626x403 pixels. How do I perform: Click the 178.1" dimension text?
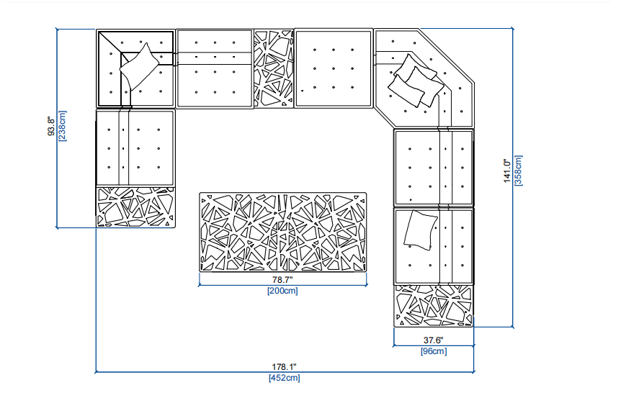point(284,366)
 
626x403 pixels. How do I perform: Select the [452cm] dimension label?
point(285,378)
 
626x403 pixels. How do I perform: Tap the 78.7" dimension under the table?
point(282,280)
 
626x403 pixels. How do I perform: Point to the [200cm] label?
point(282,291)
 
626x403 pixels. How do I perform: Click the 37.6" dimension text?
point(433,340)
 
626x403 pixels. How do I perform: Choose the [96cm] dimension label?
point(434,351)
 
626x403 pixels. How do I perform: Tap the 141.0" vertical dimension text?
point(507,171)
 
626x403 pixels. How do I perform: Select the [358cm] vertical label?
point(518,171)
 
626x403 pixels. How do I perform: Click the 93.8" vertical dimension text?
point(51,126)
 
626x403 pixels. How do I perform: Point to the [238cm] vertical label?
point(62,126)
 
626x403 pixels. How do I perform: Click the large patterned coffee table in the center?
point(282,232)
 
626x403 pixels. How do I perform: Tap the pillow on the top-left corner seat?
point(139,66)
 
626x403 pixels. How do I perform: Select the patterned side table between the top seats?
point(274,68)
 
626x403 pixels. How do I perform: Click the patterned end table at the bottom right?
point(434,306)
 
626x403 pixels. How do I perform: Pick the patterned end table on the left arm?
point(135,207)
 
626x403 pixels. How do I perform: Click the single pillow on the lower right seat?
point(421,230)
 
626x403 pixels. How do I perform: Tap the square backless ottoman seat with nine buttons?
point(334,68)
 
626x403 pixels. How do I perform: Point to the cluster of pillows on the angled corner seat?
point(416,80)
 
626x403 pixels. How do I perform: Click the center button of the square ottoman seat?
point(334,68)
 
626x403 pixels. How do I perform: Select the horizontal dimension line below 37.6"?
point(434,345)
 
